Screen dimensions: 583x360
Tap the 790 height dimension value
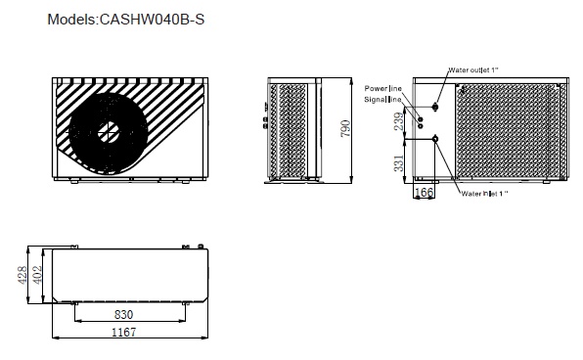click(345, 129)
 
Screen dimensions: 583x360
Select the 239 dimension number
click(398, 121)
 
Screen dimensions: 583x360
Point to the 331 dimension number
click(398, 163)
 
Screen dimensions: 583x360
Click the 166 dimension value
click(424, 192)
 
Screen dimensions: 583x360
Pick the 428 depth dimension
click(22, 275)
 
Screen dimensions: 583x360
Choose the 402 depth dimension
click(37, 275)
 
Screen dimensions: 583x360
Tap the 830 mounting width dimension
click(123, 315)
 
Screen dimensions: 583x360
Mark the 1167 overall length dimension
click(124, 332)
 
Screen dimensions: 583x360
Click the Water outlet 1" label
click(472, 69)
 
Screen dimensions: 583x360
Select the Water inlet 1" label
click(484, 194)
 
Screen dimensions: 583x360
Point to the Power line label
click(383, 88)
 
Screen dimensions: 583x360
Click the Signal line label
click(382, 100)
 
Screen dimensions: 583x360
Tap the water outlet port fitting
click(435, 107)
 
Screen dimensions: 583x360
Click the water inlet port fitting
click(435, 140)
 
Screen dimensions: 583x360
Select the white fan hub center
click(109, 132)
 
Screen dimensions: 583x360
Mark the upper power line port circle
click(421, 119)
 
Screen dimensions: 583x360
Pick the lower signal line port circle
click(421, 126)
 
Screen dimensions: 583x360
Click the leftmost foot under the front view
click(74, 182)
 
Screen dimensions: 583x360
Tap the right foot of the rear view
click(547, 182)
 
